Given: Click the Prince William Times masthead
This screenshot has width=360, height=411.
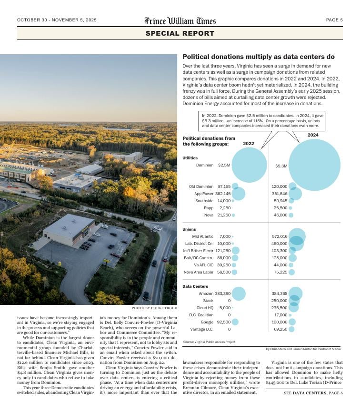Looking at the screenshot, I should click(x=180, y=20).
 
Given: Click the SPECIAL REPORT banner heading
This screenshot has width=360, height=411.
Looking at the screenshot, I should click(x=180, y=33).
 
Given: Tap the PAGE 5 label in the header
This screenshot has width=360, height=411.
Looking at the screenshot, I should click(x=334, y=20).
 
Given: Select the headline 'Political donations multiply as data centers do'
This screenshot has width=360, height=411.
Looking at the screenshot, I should click(x=259, y=57).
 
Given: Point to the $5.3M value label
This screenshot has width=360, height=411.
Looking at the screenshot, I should click(x=281, y=166).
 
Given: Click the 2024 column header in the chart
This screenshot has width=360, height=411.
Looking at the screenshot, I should click(x=313, y=135).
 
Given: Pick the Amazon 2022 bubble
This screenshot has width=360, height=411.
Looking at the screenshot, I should click(x=238, y=294).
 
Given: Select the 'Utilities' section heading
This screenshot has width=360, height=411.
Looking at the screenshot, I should click(x=190, y=158).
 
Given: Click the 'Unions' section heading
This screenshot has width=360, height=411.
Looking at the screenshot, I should click(x=189, y=229).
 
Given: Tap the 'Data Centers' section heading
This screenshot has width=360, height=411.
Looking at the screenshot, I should click(x=195, y=286).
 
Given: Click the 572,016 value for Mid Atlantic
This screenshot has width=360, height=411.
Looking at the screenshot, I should click(x=280, y=236).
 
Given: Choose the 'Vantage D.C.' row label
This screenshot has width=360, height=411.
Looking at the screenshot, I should click(x=202, y=329).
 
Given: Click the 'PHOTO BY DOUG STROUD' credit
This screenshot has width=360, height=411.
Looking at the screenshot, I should click(x=154, y=308).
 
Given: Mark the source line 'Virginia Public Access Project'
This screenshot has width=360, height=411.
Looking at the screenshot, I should click(x=209, y=342).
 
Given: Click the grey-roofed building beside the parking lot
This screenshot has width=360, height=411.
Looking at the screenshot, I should click(x=69, y=229).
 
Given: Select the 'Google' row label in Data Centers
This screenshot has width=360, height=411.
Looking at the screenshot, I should click(x=207, y=322).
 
